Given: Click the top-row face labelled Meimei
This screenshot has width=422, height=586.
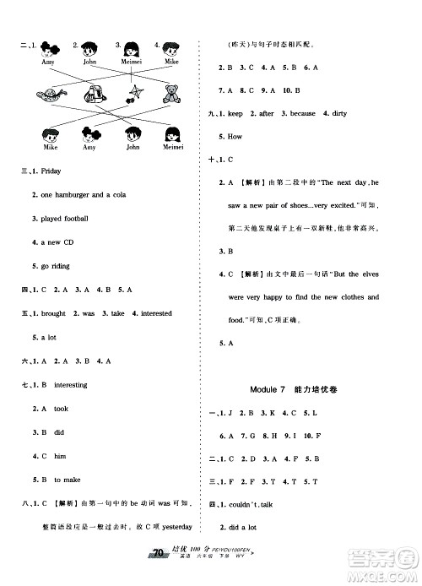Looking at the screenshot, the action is click(x=132, y=51).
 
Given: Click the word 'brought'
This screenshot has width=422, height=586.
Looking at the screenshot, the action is click(x=53, y=313).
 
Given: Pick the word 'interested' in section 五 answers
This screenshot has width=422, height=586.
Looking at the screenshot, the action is click(x=155, y=313).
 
